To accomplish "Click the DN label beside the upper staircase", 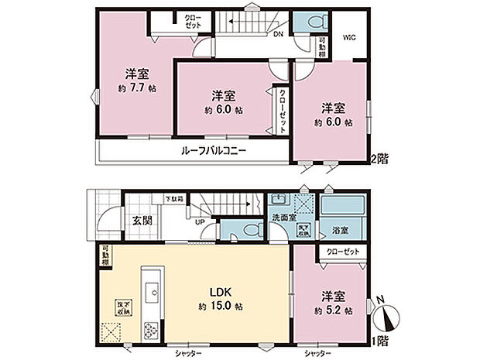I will [x=276, y=34].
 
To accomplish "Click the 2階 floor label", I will [x=379, y=158].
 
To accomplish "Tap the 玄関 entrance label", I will [x=142, y=220].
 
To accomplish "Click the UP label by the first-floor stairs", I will [x=200, y=221].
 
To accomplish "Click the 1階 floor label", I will [x=379, y=339].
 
